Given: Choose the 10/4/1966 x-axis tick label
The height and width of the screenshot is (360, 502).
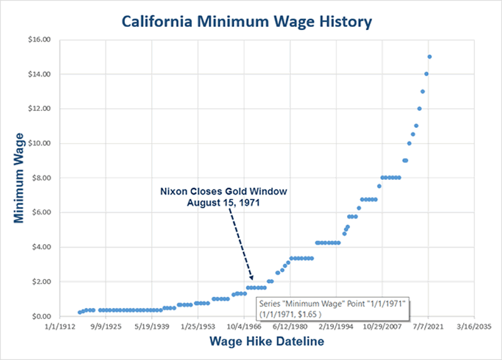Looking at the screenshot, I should (243, 327).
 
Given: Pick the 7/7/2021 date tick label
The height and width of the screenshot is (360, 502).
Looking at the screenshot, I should (428, 327).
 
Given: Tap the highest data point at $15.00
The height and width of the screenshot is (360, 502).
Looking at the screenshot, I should (430, 56).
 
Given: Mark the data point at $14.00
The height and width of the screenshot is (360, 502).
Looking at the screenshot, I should (427, 74).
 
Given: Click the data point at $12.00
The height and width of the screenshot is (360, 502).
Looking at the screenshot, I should (419, 109).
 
